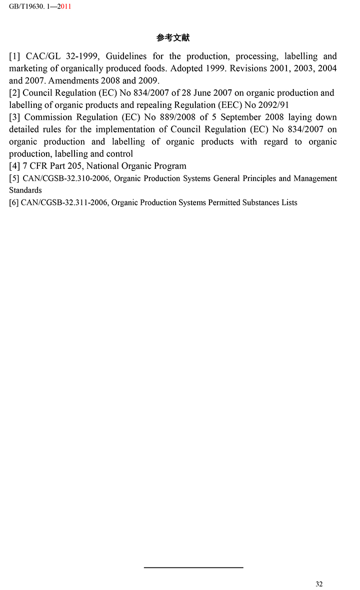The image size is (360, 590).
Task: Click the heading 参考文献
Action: [173, 37]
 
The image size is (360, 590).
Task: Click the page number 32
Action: [319, 584]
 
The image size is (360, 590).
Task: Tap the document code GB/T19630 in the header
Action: [25, 7]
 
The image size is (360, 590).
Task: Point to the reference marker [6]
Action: [14, 203]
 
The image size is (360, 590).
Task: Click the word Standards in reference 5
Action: [25, 190]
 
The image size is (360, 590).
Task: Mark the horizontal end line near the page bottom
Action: [193, 568]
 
